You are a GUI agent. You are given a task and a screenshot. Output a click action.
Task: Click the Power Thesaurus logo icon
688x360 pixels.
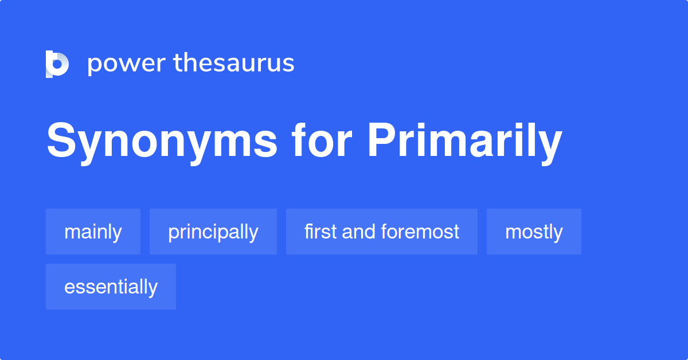click(x=57, y=64)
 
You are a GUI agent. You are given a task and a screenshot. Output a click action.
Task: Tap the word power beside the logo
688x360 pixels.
click(x=126, y=64)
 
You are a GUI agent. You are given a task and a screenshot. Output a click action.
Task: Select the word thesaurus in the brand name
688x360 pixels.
click(x=234, y=64)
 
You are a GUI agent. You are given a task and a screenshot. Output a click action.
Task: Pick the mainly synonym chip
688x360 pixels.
click(x=93, y=232)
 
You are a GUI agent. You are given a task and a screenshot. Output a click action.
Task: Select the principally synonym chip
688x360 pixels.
click(x=213, y=232)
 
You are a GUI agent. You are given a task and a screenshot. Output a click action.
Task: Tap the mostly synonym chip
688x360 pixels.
click(x=534, y=232)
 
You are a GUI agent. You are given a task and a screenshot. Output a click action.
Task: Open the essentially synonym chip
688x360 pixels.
click(x=111, y=287)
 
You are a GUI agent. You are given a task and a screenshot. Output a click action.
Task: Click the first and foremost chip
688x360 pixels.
click(x=381, y=232)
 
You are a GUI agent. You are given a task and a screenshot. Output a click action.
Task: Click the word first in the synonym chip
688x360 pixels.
click(x=320, y=232)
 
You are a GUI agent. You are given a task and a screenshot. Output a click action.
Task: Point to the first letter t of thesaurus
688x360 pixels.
click(x=178, y=64)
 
